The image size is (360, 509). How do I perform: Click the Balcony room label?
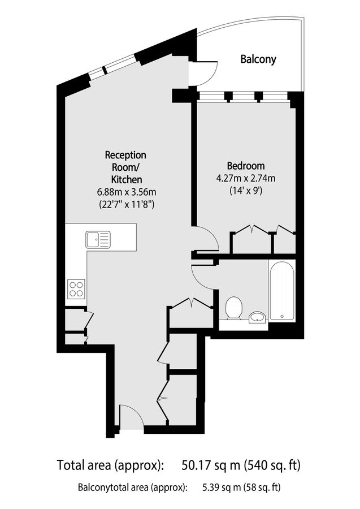[258, 59]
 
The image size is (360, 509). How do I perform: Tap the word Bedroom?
[246, 166]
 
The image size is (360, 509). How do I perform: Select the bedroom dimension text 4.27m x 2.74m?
[246, 179]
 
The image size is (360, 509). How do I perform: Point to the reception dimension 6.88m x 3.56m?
[125, 191]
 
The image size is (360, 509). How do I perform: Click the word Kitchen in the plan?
[125, 179]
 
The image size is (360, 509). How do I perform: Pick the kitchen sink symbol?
[99, 240]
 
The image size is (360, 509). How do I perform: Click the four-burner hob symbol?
[76, 289]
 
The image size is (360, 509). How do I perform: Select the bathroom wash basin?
[258, 317]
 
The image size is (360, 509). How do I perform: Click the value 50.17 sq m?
[210, 466]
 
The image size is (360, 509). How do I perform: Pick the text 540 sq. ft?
[272, 466]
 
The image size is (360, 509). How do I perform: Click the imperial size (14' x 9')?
[246, 191]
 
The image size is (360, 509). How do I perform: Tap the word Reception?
[125, 154]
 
